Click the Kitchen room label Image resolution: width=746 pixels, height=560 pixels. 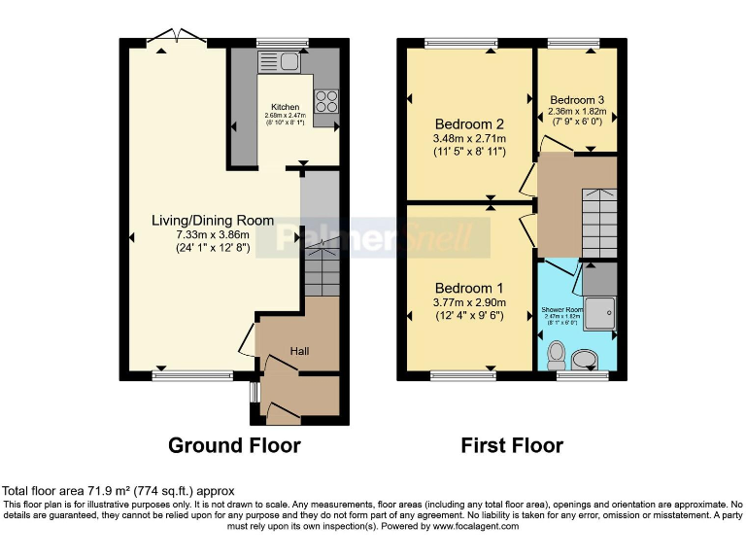tap(286, 106)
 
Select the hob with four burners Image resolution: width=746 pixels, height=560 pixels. tap(327, 100)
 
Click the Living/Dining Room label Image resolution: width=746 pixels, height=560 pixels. tap(213, 221)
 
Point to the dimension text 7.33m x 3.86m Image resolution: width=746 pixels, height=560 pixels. tap(213, 234)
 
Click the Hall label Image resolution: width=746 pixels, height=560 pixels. tap(299, 350)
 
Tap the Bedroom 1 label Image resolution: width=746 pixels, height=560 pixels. tap(469, 289)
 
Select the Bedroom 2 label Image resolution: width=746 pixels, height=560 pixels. tap(469, 124)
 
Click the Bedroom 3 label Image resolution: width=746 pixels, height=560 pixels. tap(577, 100)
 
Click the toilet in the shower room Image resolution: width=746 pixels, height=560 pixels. tap(558, 352)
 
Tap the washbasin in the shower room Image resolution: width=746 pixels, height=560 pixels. tap(587, 361)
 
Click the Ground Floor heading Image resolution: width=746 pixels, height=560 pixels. tap(234, 445)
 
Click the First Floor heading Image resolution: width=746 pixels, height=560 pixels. tap(512, 445)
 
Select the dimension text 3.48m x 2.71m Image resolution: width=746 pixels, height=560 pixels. tap(469, 139)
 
